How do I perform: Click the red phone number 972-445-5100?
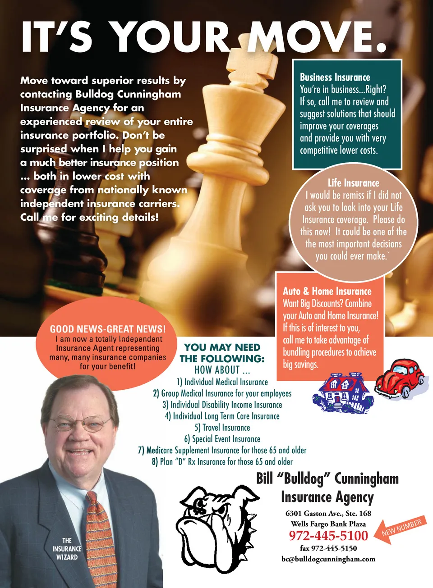point(328,535)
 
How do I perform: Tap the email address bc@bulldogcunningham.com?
point(328,559)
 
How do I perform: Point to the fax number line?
point(328,548)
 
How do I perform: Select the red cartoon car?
point(399,377)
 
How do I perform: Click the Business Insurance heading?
point(335,77)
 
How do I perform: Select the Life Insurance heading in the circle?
point(354,183)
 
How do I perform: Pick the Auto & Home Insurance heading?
point(327,292)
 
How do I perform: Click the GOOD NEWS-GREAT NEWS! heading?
point(108,329)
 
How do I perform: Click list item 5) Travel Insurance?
point(222,428)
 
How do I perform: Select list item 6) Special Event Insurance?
point(222,439)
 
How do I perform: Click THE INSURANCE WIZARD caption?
point(67,549)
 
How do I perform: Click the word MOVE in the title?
point(311,37)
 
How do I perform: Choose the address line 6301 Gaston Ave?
point(328,513)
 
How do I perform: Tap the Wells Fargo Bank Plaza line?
point(328,524)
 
